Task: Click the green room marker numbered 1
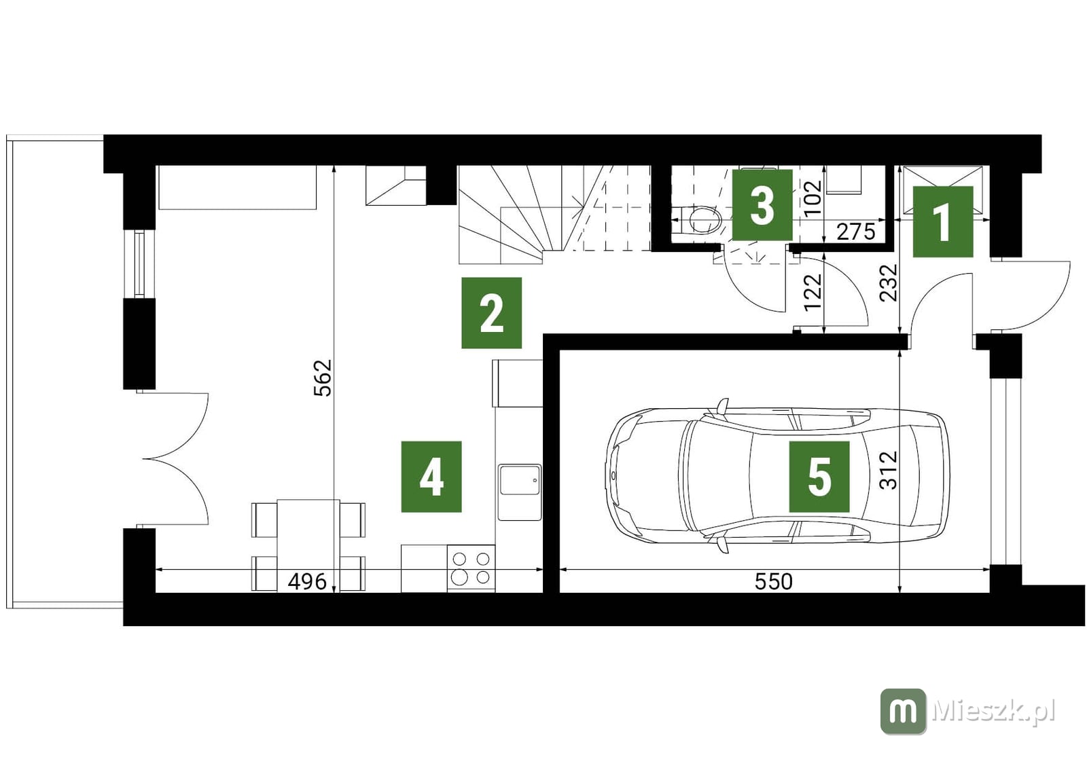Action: tap(943, 221)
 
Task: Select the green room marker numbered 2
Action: tap(491, 313)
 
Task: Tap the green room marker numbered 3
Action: tap(762, 205)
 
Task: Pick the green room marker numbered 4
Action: tap(431, 477)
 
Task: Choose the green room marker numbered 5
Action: tap(819, 477)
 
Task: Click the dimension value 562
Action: tap(323, 378)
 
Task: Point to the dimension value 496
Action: tap(307, 581)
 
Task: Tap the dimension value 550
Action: tap(774, 581)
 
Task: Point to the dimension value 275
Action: tap(856, 232)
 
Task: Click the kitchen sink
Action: tap(520, 492)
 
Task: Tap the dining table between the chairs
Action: tap(308, 545)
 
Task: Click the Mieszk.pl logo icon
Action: tap(903, 711)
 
